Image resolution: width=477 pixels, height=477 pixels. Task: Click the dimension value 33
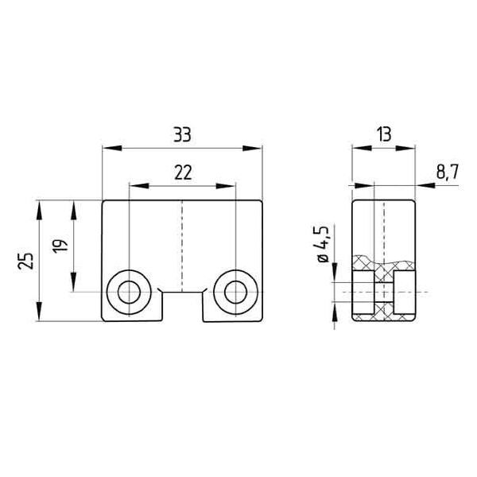[183, 134]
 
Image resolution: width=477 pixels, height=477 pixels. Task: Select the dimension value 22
[182, 172]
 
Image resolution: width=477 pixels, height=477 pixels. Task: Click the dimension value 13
[384, 134]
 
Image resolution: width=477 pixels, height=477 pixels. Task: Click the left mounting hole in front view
[128, 293]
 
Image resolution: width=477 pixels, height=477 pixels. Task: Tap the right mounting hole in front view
[235, 293]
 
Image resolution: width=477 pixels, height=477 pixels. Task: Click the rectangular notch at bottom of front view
[182, 306]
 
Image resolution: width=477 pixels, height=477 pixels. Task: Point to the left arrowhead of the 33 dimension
[109, 147]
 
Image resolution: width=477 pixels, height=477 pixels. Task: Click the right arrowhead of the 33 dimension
[257, 147]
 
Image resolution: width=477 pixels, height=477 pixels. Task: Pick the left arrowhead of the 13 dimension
[356, 147]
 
